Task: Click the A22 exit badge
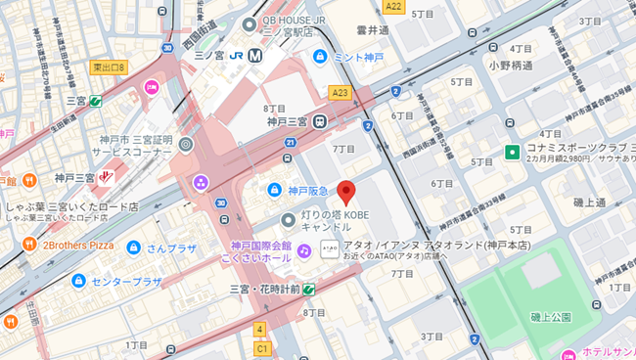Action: coord(393,7)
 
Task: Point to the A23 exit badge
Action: coord(339,93)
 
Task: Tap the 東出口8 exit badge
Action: coord(109,67)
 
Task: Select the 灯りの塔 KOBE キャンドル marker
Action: coord(288,219)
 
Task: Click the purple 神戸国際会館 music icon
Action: coord(304,250)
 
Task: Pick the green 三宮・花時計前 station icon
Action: coord(309,289)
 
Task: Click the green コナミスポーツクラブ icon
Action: coord(511,152)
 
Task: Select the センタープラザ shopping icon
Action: coord(77,281)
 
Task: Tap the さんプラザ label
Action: coord(172,248)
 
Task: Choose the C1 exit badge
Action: coord(261,347)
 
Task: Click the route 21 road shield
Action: coord(291,143)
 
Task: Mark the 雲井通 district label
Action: coord(372,30)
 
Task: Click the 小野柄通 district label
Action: coord(511,66)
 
